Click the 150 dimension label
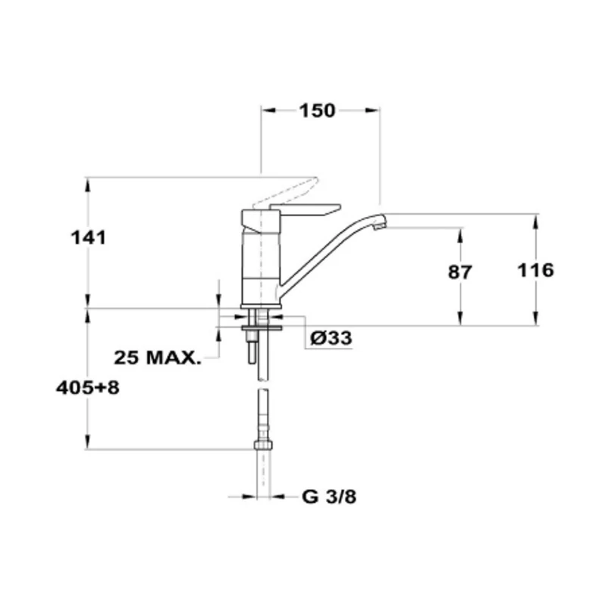coord(317,110)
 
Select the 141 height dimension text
coord(88,237)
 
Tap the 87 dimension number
coord(460,272)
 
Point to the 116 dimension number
coord(535,270)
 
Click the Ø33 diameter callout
coord(331,338)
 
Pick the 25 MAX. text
coord(158,358)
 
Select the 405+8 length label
coord(88,387)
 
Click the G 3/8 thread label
coord(329,497)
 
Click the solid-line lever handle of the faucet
coord(305,209)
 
